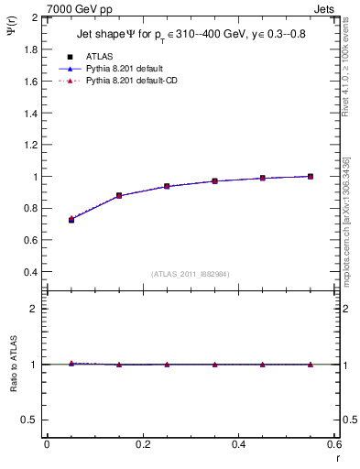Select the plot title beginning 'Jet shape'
[190, 35]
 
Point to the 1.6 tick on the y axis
[29, 82]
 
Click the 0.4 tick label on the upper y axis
[29, 272]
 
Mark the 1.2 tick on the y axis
[29, 145]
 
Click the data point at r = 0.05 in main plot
[71, 220]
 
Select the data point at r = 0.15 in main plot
[119, 195]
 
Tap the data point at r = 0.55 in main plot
[311, 176]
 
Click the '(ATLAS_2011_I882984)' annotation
[190, 273]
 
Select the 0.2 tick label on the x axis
[143, 444]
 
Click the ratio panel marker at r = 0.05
[71, 364]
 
